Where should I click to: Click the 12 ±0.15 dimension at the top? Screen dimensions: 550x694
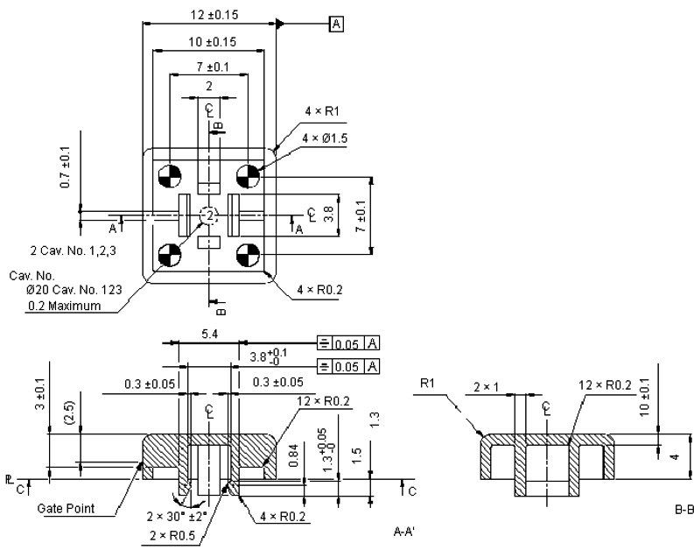pyautogui.click(x=208, y=15)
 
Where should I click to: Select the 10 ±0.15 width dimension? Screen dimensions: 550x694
pyautogui.click(x=208, y=41)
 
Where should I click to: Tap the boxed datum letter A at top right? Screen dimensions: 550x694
pyautogui.click(x=336, y=24)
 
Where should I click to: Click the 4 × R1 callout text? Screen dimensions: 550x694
pyautogui.click(x=321, y=111)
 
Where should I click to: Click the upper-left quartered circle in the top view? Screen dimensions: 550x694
pyautogui.click(x=169, y=176)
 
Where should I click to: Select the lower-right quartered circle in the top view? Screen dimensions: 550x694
pyautogui.click(x=248, y=255)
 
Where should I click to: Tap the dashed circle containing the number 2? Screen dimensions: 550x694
pyautogui.click(x=209, y=215)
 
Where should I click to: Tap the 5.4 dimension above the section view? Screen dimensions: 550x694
pyautogui.click(x=208, y=334)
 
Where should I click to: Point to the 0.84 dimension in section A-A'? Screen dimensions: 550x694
pyautogui.click(x=298, y=454)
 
